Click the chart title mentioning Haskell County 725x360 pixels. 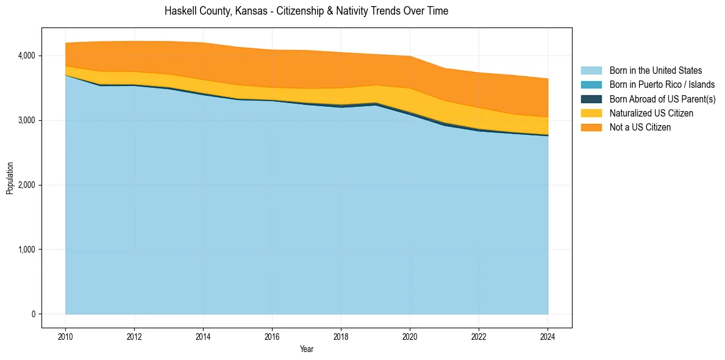(x=306, y=11)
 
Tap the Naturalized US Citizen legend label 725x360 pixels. (x=651, y=113)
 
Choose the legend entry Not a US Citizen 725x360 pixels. (x=640, y=127)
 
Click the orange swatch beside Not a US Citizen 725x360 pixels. (x=591, y=127)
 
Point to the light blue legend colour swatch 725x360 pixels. (x=591, y=71)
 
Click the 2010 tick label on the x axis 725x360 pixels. (x=65, y=336)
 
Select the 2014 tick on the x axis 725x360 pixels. (x=203, y=336)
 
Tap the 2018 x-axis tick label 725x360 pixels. (x=341, y=336)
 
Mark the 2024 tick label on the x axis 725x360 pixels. (x=548, y=336)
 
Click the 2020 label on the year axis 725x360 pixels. (x=410, y=336)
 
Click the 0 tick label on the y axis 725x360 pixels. (x=34, y=314)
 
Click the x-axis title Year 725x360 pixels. (x=307, y=349)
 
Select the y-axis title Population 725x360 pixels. (x=10, y=178)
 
